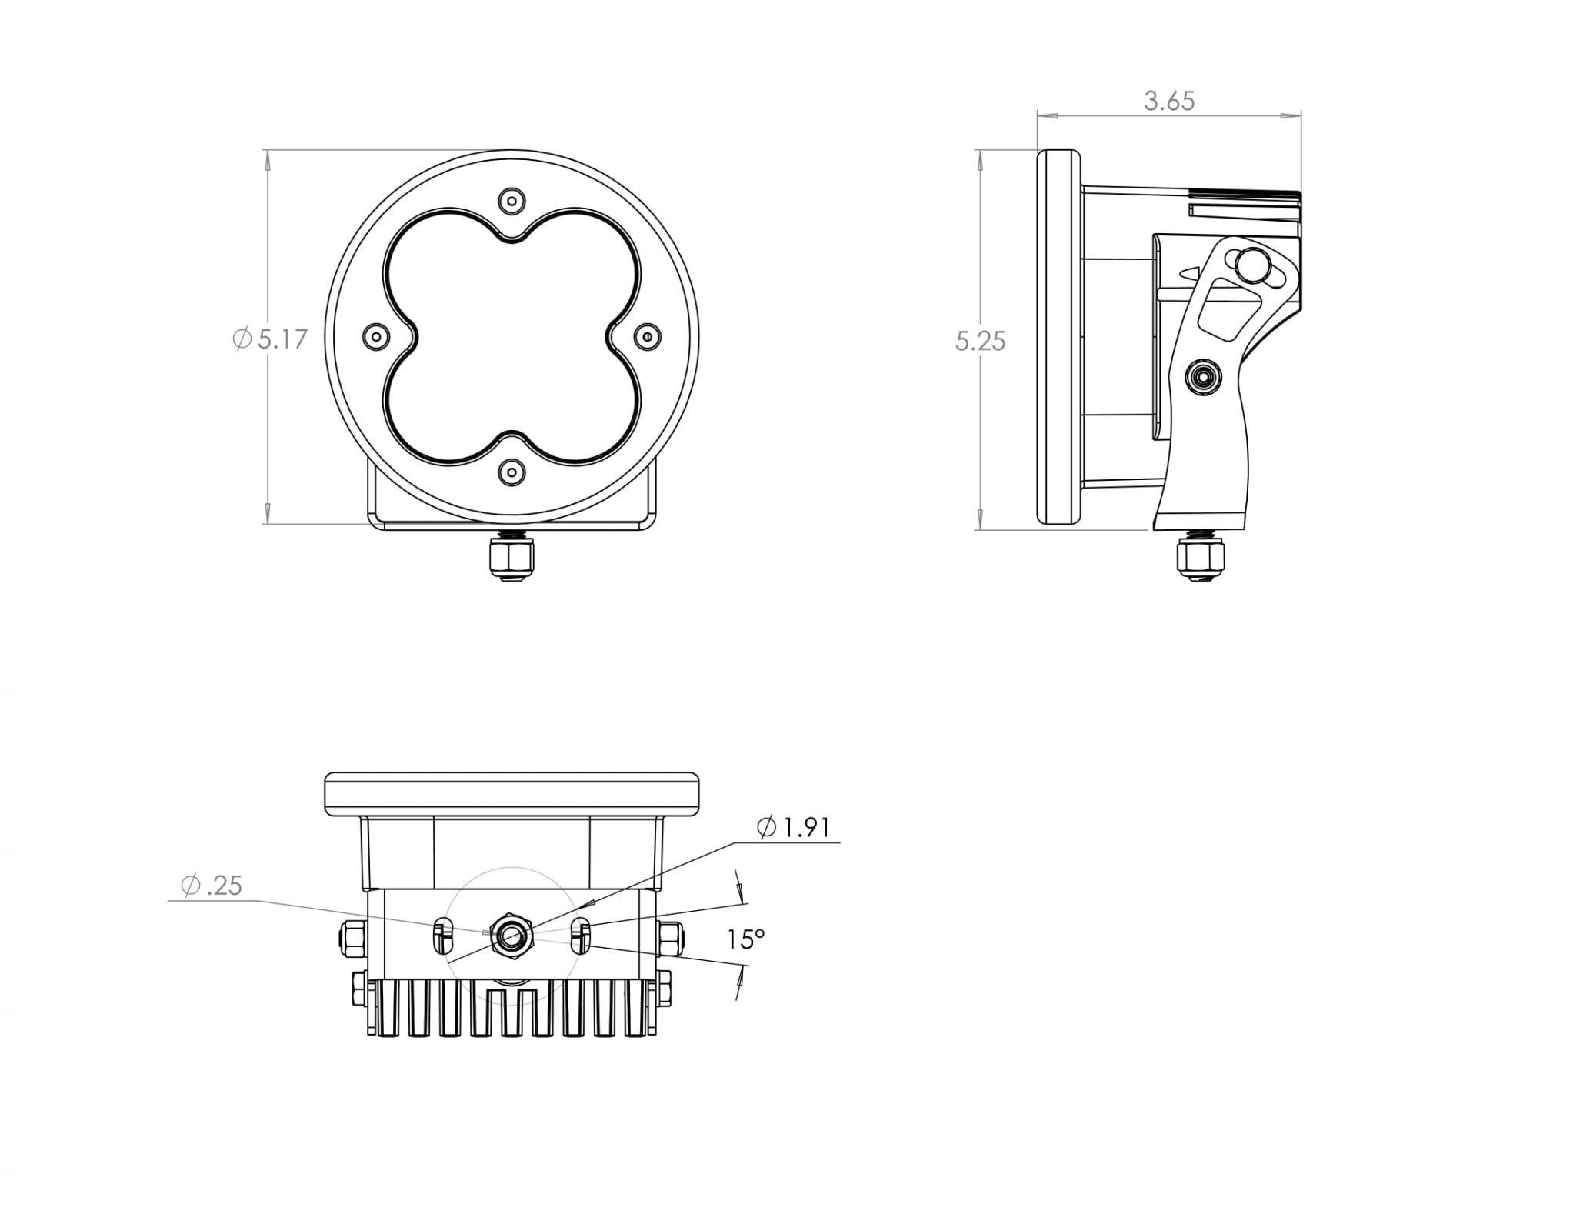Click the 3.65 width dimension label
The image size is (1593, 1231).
pyautogui.click(x=1168, y=101)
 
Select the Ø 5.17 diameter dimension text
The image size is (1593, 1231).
pyautogui.click(x=270, y=339)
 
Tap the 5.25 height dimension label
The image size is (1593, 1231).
pyautogui.click(x=980, y=341)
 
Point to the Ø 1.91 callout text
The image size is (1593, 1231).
pyautogui.click(x=794, y=828)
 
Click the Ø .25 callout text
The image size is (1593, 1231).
pyautogui.click(x=212, y=886)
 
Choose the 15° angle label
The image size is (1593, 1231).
pyautogui.click(x=746, y=939)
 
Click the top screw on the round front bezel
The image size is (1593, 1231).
pyautogui.click(x=512, y=201)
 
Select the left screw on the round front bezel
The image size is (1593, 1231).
pyautogui.click(x=375, y=336)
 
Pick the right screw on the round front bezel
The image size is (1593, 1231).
pyautogui.click(x=648, y=336)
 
